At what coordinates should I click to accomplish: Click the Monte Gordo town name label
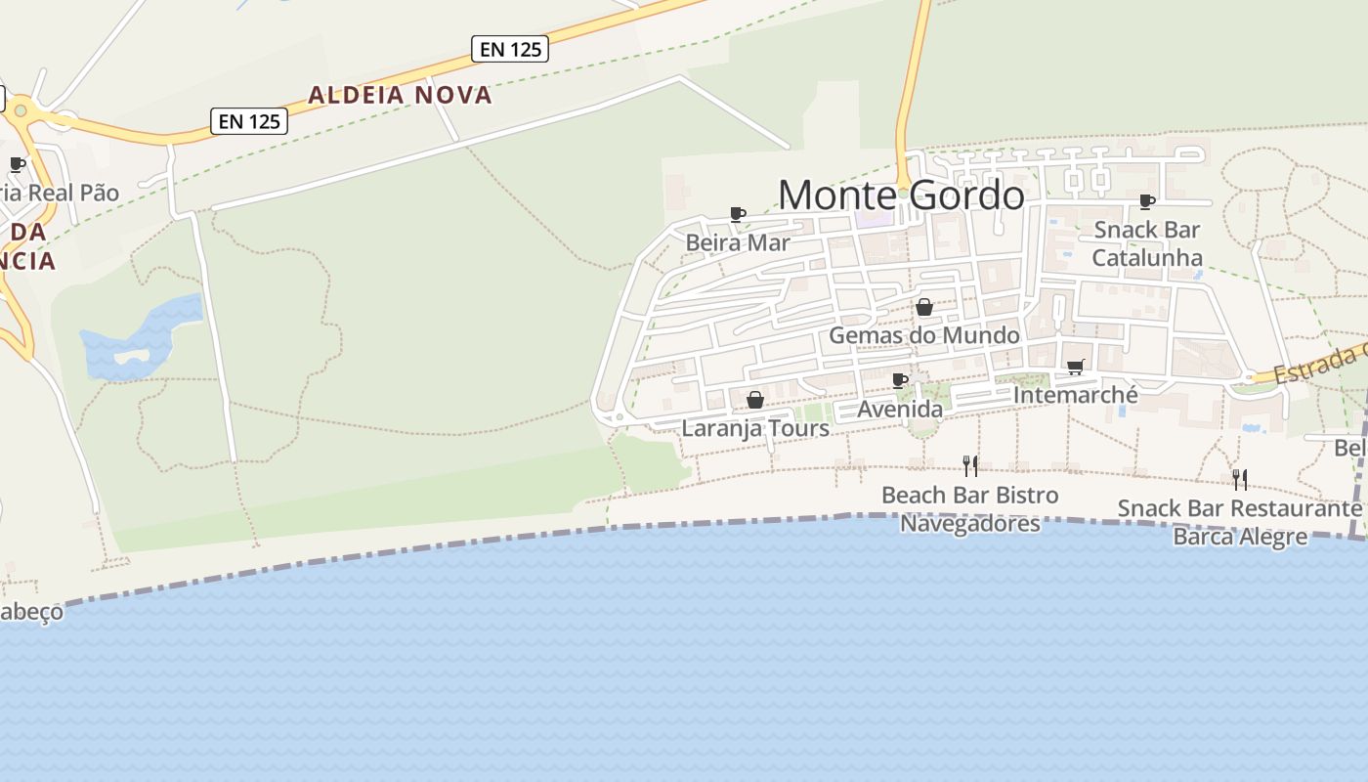(x=901, y=195)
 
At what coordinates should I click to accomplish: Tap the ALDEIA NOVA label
(x=401, y=95)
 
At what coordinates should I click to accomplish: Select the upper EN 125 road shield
(x=509, y=49)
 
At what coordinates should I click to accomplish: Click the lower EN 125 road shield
(x=249, y=121)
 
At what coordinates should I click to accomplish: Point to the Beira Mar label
(x=737, y=242)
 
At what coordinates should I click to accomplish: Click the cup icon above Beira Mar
(x=738, y=214)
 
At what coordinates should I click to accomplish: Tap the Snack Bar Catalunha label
(x=1146, y=243)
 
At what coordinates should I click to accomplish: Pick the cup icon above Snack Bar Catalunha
(x=1147, y=202)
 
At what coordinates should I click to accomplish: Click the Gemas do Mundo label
(x=923, y=335)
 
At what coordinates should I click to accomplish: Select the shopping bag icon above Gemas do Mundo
(x=923, y=308)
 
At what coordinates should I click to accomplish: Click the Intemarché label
(x=1076, y=395)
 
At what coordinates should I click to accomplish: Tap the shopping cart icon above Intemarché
(x=1076, y=368)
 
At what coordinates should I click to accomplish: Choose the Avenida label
(x=900, y=409)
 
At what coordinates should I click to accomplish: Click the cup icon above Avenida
(x=900, y=380)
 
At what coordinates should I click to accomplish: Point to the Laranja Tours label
(x=754, y=428)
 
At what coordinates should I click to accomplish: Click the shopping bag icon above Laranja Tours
(x=754, y=400)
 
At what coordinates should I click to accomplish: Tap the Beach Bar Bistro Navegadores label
(x=969, y=509)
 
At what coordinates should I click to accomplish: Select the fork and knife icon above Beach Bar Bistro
(x=969, y=466)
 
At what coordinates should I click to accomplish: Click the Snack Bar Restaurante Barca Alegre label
(x=1239, y=522)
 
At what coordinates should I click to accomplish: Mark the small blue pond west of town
(x=142, y=337)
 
